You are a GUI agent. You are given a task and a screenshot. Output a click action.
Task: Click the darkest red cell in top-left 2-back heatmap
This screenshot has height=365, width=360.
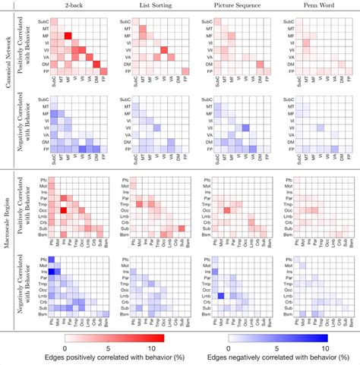68,36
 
